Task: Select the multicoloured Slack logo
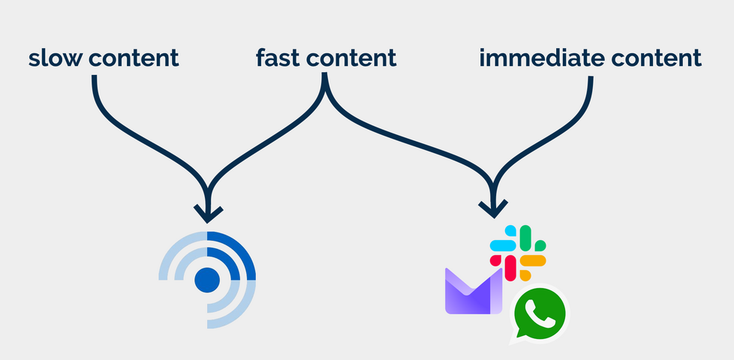point(518,253)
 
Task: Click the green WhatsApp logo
point(539,314)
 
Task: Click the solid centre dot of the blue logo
point(207,280)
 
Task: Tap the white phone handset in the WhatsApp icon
point(540,313)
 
